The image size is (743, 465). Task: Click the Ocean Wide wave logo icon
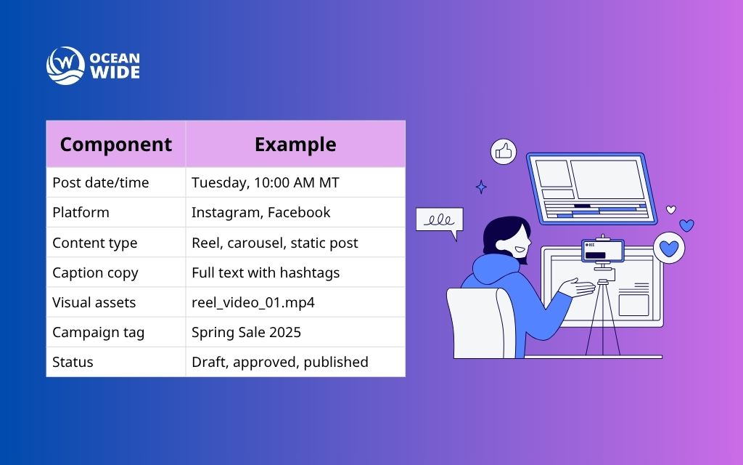pos(65,65)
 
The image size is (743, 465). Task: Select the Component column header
pos(116,145)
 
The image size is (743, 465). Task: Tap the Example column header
pos(295,145)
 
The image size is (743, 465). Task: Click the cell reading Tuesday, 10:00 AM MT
pos(265,183)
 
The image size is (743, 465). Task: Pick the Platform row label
pos(81,213)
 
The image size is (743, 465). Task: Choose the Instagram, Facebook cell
pos(260,213)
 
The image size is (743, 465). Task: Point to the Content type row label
pos(94,243)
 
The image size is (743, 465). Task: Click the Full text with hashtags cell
pos(266,273)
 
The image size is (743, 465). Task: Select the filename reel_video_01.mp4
pos(253,303)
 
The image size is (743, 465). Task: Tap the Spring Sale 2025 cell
pos(246,333)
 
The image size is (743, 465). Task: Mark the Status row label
pos(73,362)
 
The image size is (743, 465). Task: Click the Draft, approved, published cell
pos(279,362)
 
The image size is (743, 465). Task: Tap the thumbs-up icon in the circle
pos(503,151)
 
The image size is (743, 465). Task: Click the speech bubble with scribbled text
pos(439,221)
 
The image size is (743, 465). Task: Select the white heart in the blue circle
pos(669,248)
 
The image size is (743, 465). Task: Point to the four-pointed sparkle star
pos(480,187)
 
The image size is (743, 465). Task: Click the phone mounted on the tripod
pos(603,251)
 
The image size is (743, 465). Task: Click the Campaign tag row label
pos(98,333)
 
